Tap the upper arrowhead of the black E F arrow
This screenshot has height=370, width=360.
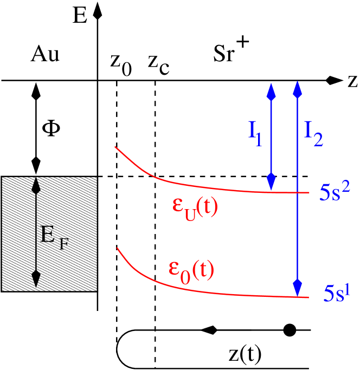[36, 186]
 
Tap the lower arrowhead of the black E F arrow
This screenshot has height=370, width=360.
[36, 278]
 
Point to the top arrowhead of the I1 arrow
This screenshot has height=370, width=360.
[271, 91]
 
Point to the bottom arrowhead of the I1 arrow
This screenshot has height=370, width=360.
[271, 181]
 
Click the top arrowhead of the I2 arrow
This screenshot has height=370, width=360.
[297, 89]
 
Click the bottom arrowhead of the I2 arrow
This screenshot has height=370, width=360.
[297, 287]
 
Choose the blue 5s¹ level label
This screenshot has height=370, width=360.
[337, 293]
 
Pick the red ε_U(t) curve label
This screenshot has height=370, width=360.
[195, 207]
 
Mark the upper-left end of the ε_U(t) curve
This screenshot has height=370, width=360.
[115, 147]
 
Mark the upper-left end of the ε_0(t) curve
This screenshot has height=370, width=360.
[118, 248]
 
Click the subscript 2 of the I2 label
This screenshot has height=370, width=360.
[318, 140]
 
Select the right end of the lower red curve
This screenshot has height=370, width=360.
[308, 297]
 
